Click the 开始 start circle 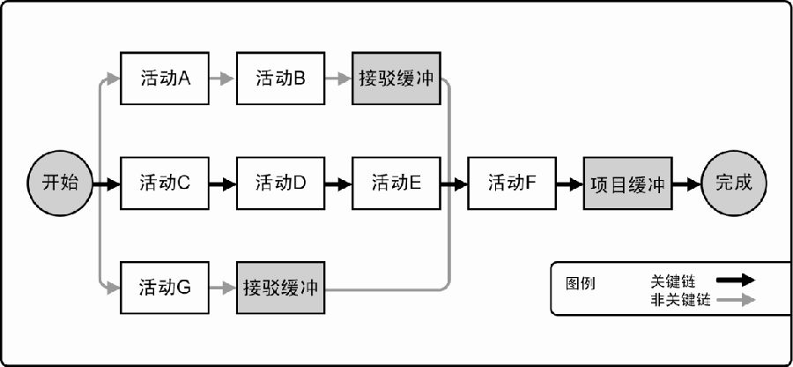[x=60, y=183]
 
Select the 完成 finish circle [x=734, y=183]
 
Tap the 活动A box [x=165, y=79]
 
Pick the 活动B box [x=281, y=79]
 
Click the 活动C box [x=165, y=183]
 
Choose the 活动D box [x=281, y=183]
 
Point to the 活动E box [x=396, y=183]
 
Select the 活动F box [x=512, y=183]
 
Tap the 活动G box [x=165, y=288]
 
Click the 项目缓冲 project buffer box [x=628, y=183]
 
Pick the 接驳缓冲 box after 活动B [x=396, y=79]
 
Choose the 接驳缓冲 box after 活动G [x=281, y=288]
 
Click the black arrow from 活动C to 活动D [x=223, y=183]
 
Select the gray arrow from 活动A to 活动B [x=223, y=79]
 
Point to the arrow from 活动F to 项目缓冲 [x=570, y=183]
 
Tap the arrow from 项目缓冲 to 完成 [x=686, y=183]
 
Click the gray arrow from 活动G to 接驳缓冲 [x=223, y=288]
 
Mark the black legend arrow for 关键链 [x=736, y=280]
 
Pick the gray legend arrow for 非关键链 [x=736, y=300]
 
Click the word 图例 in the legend [x=580, y=283]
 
